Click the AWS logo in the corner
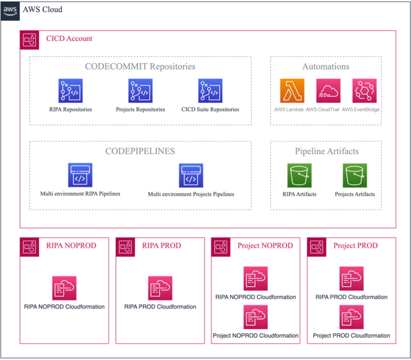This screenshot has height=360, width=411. tap(10, 9)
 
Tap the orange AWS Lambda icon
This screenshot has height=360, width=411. tap(292, 91)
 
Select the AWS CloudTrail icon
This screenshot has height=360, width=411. tap(328, 91)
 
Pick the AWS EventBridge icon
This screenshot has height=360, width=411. tap(364, 91)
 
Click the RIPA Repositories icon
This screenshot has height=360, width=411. tap(70, 91)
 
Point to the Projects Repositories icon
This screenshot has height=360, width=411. tap(140, 91)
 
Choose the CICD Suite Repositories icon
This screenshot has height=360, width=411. tap(210, 91)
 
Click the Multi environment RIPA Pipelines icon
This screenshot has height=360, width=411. tap(80, 175)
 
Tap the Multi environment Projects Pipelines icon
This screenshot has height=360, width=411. tap(191, 175)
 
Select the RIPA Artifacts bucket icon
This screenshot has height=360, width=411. tap(299, 175)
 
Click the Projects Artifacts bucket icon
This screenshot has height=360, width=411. tap(355, 175)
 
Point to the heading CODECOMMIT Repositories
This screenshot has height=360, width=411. tap(140, 66)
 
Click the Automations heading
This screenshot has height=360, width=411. tap(326, 66)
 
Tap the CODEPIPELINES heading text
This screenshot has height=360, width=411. tap(140, 151)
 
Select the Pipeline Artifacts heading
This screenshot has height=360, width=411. tap(327, 151)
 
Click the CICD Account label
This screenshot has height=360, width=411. tap(69, 39)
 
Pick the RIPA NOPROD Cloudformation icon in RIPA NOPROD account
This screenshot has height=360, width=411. tap(64, 288)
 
